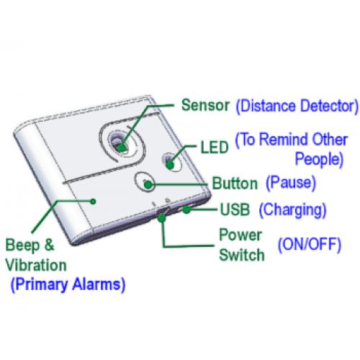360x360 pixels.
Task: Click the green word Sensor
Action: tap(205, 105)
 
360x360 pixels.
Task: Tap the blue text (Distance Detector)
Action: tap(297, 107)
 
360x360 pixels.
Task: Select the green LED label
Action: tap(215, 147)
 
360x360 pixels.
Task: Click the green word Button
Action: tap(235, 184)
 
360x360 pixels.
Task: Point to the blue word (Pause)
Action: tap(291, 183)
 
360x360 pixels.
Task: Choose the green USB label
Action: tap(235, 210)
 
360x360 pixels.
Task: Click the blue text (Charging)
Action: tap(293, 210)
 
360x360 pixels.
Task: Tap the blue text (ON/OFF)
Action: tap(310, 245)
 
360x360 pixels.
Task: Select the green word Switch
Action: tap(242, 255)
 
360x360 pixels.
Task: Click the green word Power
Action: tap(240, 235)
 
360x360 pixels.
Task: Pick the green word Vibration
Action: tap(36, 266)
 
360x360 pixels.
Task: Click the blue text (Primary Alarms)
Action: tap(68, 284)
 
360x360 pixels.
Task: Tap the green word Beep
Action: tap(22, 246)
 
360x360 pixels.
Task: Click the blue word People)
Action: tap(319, 159)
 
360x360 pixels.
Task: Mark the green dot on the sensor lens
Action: tap(122, 147)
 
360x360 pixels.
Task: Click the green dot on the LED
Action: tap(170, 165)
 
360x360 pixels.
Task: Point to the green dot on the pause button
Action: tap(148, 184)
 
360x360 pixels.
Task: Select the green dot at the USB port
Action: tap(186, 210)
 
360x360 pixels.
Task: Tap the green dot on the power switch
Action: tap(162, 218)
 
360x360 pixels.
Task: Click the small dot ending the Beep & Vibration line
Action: tap(94, 202)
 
